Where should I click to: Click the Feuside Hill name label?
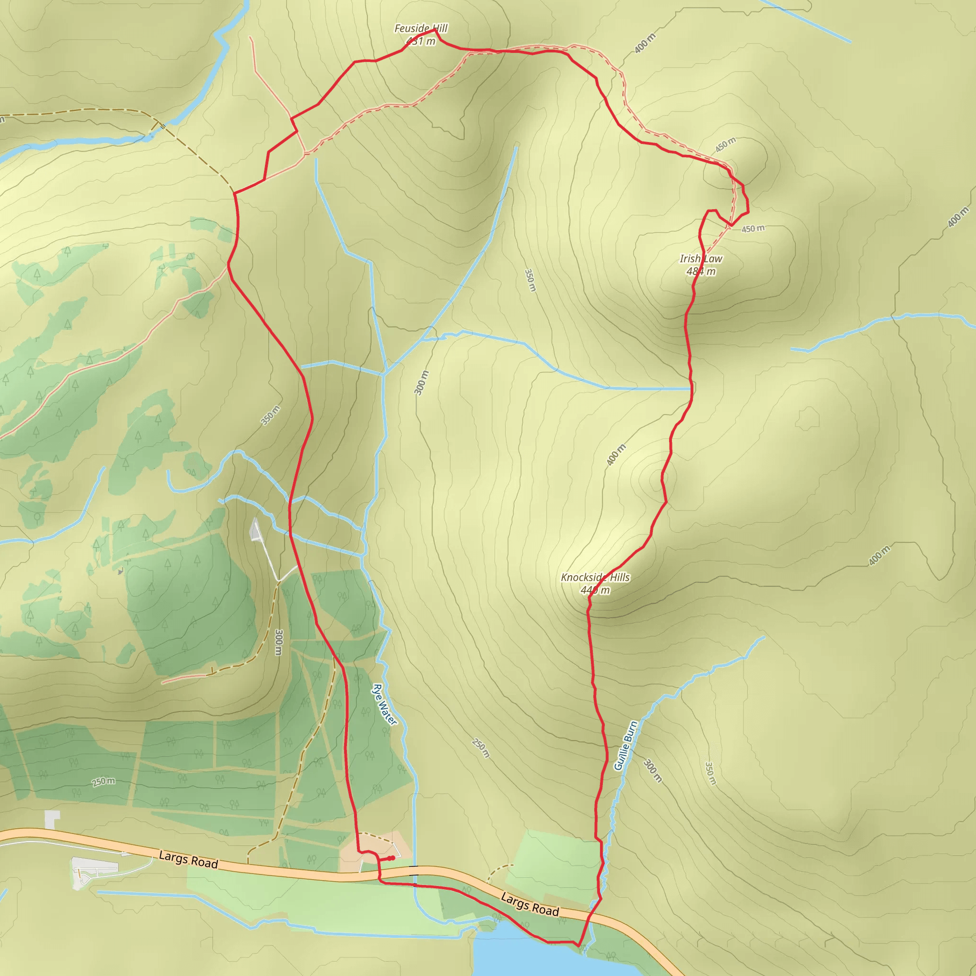(421, 28)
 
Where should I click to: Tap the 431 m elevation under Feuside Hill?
(421, 41)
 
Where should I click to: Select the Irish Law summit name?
(701, 259)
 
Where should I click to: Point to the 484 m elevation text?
(701, 271)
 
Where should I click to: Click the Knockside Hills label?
(595, 577)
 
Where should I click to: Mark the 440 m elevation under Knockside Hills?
(595, 590)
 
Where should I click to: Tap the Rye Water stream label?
(385, 704)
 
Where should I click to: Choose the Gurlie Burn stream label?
(625, 746)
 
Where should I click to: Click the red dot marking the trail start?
(392, 858)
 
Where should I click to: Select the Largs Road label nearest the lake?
(529, 904)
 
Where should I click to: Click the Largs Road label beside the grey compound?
(188, 859)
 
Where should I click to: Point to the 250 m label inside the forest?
(103, 782)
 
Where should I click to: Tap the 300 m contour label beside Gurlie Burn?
(652, 771)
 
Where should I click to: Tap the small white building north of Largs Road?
(52, 819)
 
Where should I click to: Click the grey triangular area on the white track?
(255, 529)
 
